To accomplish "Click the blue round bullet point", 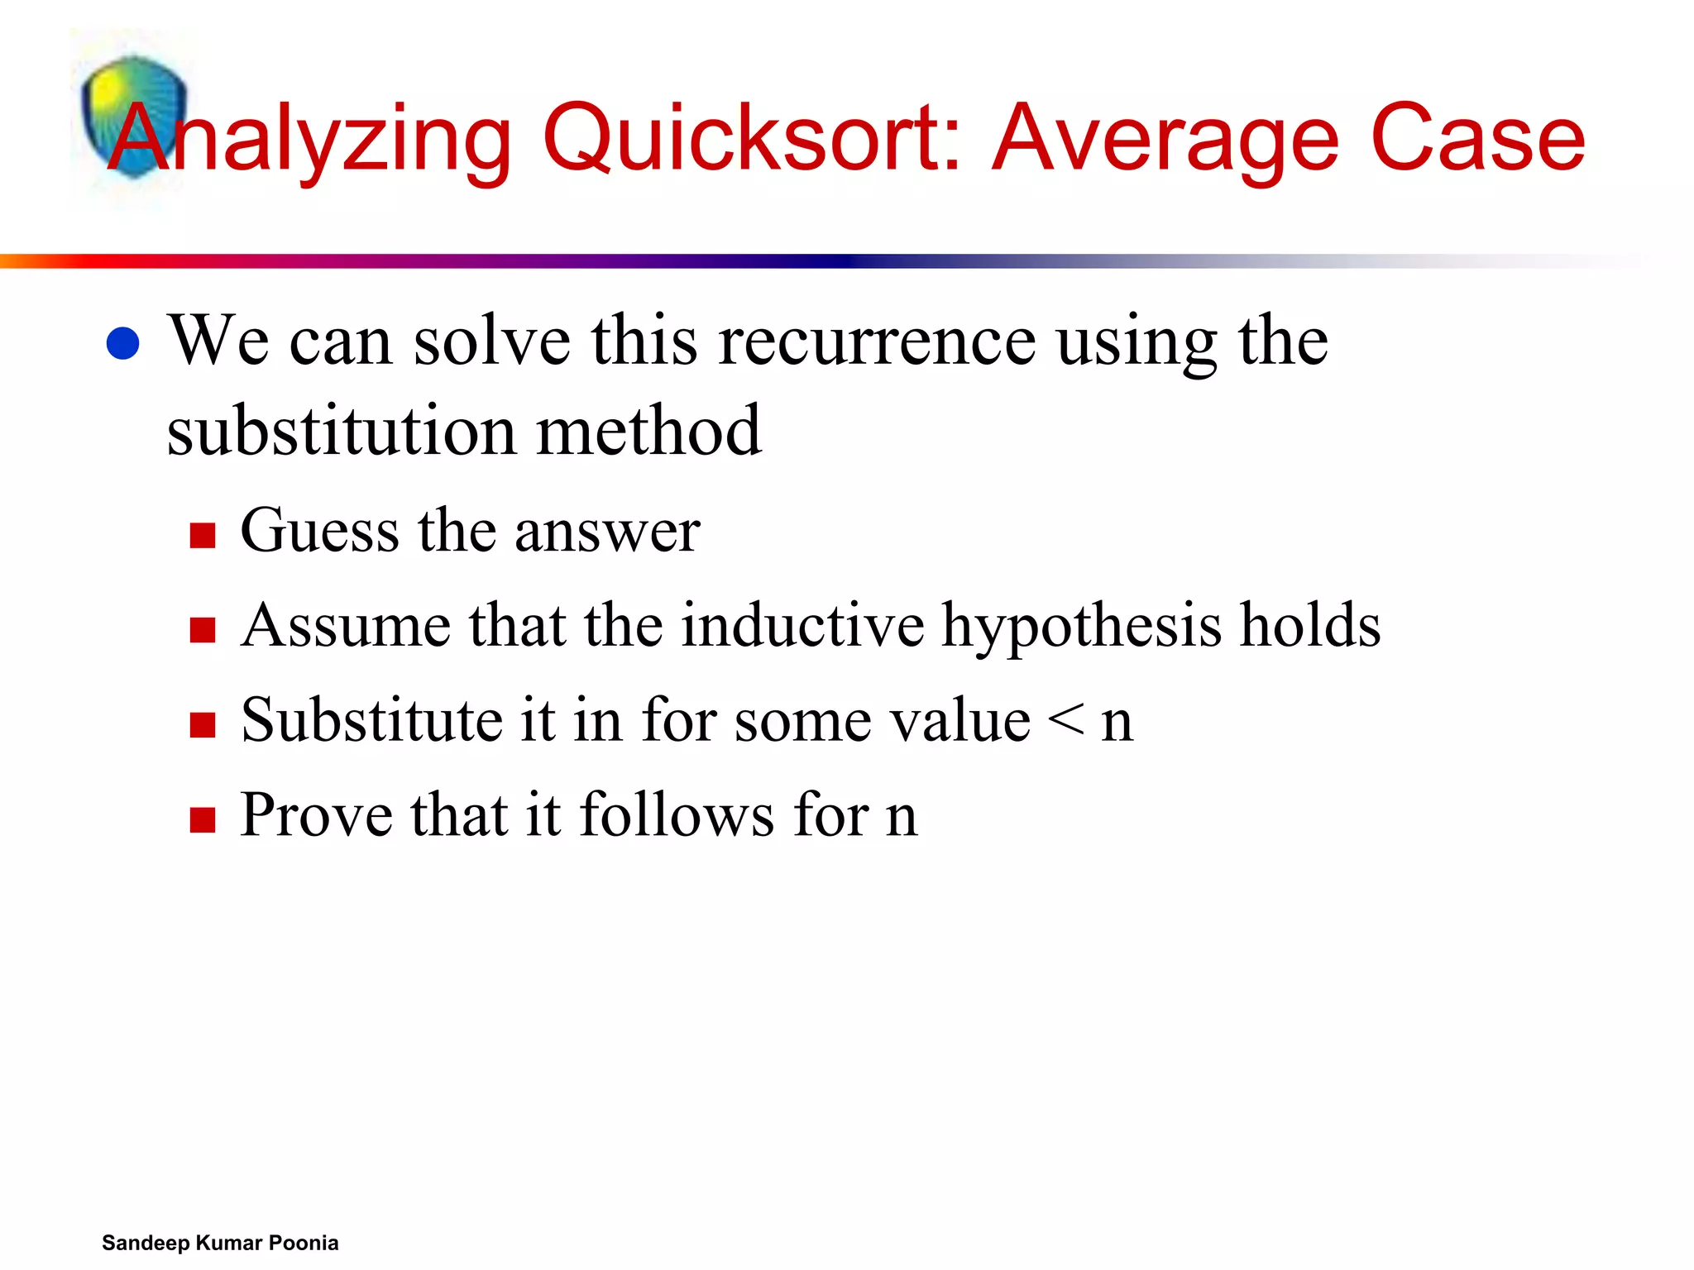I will (123, 343).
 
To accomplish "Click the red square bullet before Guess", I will (203, 535).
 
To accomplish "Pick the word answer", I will (608, 532).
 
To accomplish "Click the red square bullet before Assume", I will (203, 630).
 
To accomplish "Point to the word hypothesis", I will (1082, 627).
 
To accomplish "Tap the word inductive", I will (803, 625).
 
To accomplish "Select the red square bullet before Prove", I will (203, 820).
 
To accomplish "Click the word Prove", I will (317, 815).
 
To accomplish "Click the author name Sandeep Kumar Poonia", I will (220, 1243).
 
